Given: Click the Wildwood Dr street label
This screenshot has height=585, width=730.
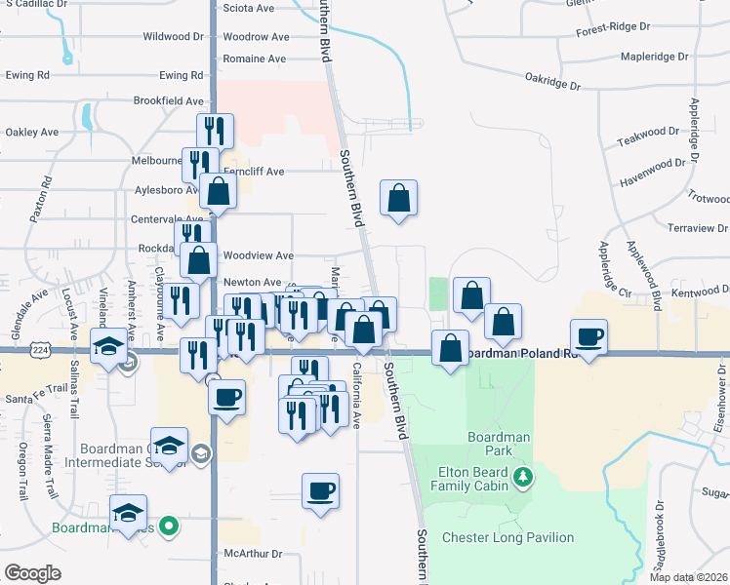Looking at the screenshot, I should [x=173, y=37].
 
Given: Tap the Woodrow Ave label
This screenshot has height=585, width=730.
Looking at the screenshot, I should [x=256, y=37].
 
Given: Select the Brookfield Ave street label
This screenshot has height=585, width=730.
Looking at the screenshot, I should [x=169, y=100].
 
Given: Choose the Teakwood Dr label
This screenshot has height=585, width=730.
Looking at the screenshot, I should [x=648, y=130].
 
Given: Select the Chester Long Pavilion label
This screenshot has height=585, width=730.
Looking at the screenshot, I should [x=508, y=537].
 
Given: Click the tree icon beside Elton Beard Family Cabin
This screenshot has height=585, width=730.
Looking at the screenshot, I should [x=525, y=477].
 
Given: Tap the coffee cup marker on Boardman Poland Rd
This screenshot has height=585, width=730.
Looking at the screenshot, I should [x=588, y=337].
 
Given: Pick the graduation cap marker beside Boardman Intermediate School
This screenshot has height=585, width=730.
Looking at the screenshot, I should [x=170, y=446].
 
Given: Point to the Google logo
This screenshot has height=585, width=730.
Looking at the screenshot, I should [x=33, y=572].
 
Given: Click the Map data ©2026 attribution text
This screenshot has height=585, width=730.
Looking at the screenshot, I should [x=688, y=577].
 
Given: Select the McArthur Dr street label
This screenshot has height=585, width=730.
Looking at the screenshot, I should [x=253, y=554].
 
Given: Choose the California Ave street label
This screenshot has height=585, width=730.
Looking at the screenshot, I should [x=357, y=396].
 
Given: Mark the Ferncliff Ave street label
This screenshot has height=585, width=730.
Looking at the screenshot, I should [x=254, y=172].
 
